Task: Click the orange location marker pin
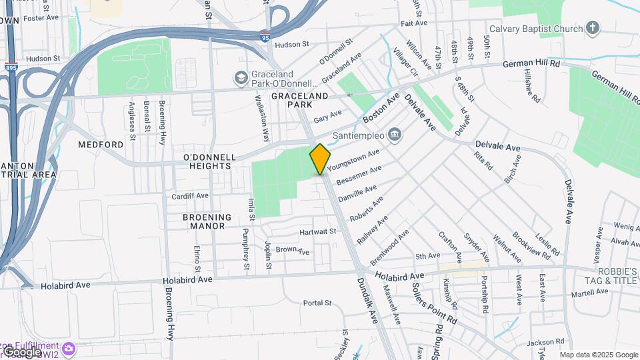click(320, 159)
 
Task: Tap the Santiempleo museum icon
click(395, 135)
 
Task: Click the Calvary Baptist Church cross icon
click(593, 28)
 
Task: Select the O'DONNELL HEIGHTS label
click(209, 161)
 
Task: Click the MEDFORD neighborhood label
click(101, 144)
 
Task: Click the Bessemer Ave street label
click(359, 175)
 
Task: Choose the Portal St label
click(317, 303)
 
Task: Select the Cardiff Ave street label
click(190, 196)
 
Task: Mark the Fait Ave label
click(414, 23)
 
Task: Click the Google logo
click(22, 351)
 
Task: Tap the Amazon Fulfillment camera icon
click(68, 348)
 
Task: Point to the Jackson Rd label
click(541, 343)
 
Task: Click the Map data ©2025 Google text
click(598, 355)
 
